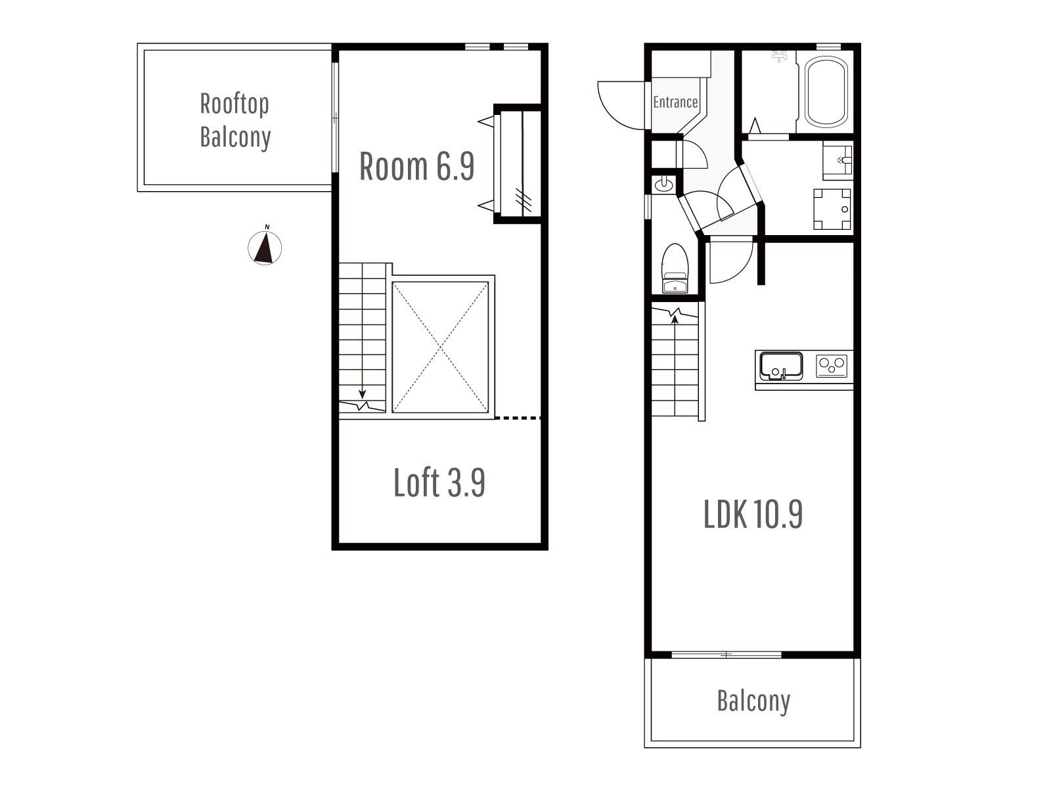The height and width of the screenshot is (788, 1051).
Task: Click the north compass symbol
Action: (x=265, y=248)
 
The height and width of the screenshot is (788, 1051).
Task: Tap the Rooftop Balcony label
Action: (x=235, y=121)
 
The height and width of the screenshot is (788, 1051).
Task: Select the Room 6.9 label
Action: (x=416, y=166)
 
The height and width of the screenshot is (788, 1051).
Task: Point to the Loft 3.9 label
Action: (x=439, y=482)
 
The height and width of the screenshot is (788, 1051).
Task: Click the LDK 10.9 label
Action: (x=753, y=514)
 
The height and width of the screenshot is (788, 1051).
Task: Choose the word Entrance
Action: (x=675, y=102)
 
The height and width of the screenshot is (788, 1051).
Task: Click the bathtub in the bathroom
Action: (x=826, y=92)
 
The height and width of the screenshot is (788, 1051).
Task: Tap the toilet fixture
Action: (x=675, y=269)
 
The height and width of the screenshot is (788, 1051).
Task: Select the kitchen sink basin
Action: (x=781, y=366)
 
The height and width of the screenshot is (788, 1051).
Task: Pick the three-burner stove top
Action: (x=832, y=366)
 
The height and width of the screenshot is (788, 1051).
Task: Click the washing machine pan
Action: (x=832, y=209)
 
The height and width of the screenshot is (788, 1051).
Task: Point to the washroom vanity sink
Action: (x=838, y=160)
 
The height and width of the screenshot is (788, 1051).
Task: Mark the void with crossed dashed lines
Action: (x=440, y=347)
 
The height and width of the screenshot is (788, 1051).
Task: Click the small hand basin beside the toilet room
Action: (x=663, y=185)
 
